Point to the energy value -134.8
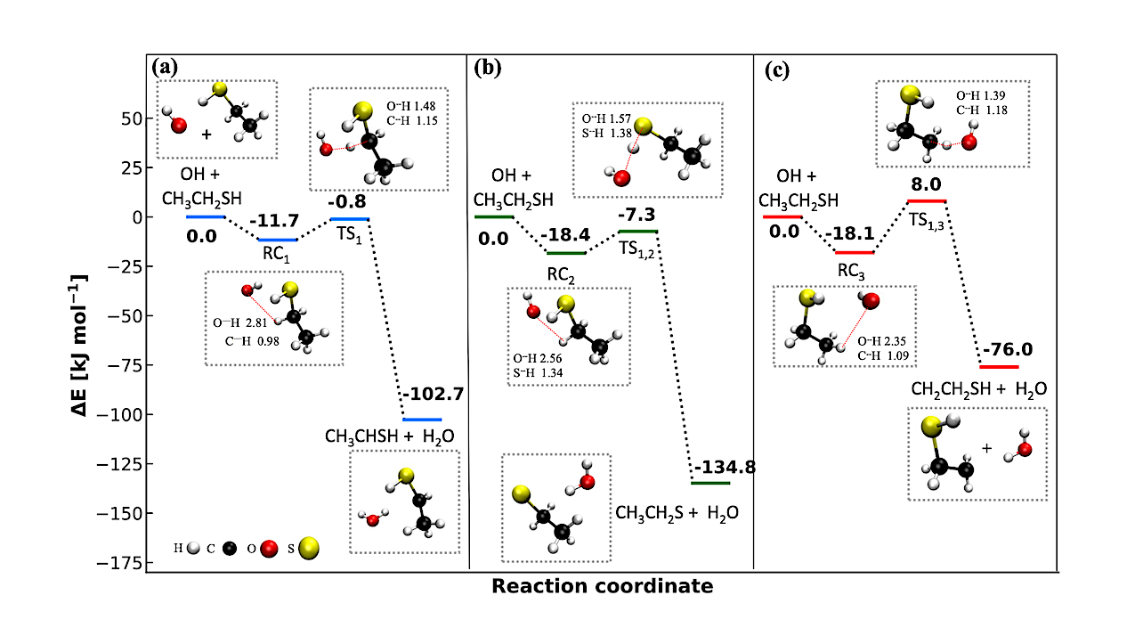coord(724,468)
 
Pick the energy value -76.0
coord(1009,349)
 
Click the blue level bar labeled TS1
coord(349,218)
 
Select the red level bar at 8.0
coord(926,201)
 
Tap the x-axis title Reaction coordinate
coord(602,587)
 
